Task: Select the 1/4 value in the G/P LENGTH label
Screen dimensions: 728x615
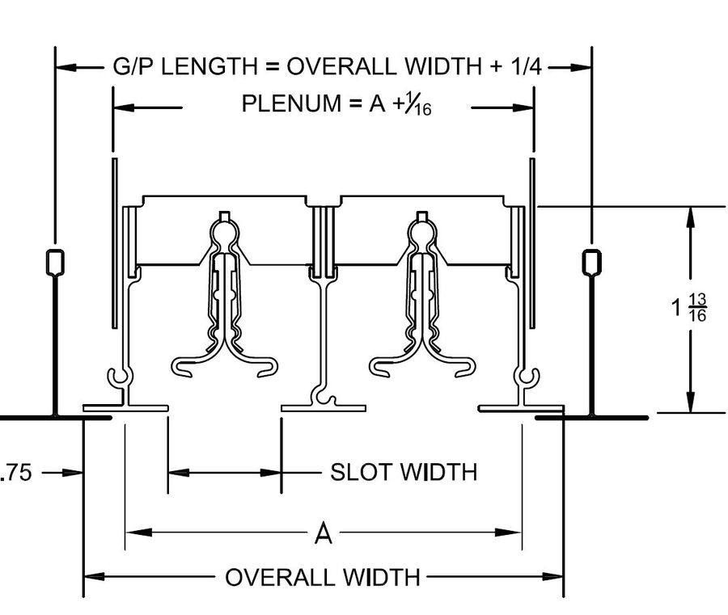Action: [x=526, y=66]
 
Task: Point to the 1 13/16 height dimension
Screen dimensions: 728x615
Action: [x=689, y=307]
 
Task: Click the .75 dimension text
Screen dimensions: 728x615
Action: [x=16, y=473]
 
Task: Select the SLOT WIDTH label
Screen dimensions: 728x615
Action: [x=404, y=472]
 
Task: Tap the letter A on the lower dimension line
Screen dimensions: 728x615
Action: [x=323, y=533]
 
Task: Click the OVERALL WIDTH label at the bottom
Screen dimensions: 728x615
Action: [x=323, y=578]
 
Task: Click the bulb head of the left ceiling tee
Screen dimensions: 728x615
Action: [x=55, y=262]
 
